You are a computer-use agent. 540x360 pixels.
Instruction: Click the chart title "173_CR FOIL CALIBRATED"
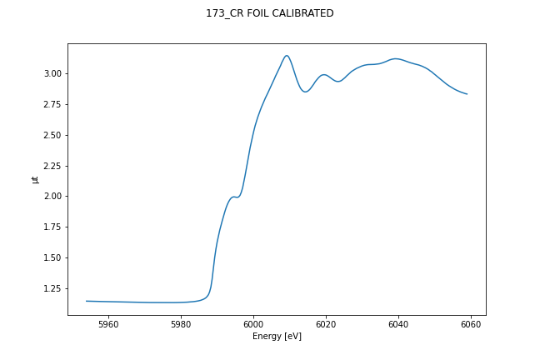270,13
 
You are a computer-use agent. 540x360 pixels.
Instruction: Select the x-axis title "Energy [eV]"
277,337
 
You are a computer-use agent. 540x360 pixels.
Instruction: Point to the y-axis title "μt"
35,179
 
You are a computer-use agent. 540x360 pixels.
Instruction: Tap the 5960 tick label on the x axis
108,324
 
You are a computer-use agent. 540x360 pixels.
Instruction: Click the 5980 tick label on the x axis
181,324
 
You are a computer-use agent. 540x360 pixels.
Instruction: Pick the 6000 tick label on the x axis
253,324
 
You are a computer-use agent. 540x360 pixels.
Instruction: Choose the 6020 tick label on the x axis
326,324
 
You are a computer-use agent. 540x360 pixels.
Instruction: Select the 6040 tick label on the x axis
398,324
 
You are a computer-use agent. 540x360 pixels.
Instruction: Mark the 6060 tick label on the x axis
471,324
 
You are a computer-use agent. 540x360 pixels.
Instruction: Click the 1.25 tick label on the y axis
52,288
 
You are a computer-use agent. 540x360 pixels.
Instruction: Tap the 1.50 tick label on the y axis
52,257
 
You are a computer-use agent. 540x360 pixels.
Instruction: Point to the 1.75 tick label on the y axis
52,227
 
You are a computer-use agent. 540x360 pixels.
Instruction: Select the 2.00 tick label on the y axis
52,196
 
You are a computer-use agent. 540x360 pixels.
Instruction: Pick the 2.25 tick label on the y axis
52,166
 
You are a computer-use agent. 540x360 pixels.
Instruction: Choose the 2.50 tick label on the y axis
52,135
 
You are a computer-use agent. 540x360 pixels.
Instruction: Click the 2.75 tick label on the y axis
52,104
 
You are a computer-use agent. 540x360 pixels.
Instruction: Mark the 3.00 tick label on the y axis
52,73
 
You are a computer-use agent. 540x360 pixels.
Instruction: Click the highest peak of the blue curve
287,56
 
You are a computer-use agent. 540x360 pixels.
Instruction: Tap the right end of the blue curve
467,94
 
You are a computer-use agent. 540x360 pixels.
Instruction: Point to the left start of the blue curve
87,301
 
